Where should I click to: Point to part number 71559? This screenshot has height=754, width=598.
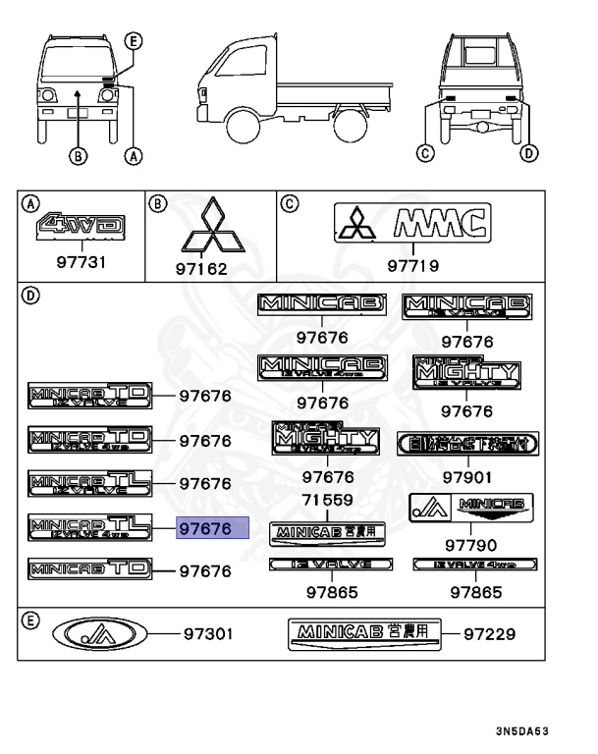click(328, 501)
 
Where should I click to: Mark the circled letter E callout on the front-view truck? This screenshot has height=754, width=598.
click(134, 40)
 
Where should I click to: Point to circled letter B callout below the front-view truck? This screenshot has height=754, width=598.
click(78, 154)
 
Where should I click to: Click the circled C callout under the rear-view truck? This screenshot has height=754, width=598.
click(424, 152)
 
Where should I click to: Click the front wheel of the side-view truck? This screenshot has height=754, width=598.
click(243, 125)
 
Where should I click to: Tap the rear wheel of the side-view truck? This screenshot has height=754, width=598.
click(347, 125)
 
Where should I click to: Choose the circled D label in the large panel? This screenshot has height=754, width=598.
click(31, 295)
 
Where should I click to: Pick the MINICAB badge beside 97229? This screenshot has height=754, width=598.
click(365, 634)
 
